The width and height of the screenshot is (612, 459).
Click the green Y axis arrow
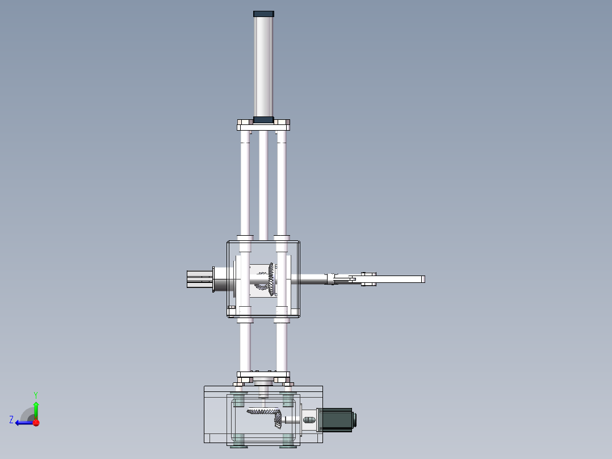(36, 408)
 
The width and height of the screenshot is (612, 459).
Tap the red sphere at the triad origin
(36, 423)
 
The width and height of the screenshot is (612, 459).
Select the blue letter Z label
(11, 420)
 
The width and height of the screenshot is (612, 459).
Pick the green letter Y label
(35, 394)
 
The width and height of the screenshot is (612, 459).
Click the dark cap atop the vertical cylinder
(263, 14)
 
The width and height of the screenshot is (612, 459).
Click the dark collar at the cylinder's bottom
(263, 120)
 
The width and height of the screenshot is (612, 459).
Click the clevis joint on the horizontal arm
(368, 279)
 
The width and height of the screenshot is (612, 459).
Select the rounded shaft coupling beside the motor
(309, 420)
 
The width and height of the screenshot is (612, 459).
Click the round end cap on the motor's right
(355, 420)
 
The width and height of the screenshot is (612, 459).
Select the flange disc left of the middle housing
(212, 279)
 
